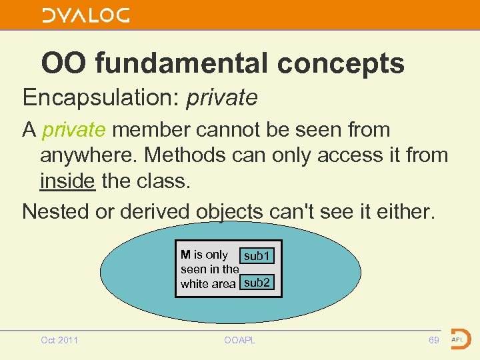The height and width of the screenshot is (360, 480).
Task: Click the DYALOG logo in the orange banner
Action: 85,15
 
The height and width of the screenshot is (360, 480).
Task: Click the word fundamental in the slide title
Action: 181,64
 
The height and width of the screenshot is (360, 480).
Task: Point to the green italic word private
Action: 73,129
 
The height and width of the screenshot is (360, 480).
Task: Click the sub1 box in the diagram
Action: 257,256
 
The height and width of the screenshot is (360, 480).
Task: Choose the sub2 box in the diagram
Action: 257,283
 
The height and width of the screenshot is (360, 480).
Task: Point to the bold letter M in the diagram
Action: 185,255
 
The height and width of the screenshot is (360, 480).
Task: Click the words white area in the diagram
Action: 207,284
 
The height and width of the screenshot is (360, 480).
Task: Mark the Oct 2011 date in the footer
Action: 59,340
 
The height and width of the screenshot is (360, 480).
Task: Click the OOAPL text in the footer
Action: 240,340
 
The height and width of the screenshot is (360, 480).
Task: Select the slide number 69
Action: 433,340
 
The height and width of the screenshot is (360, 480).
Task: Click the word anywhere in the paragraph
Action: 89,155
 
